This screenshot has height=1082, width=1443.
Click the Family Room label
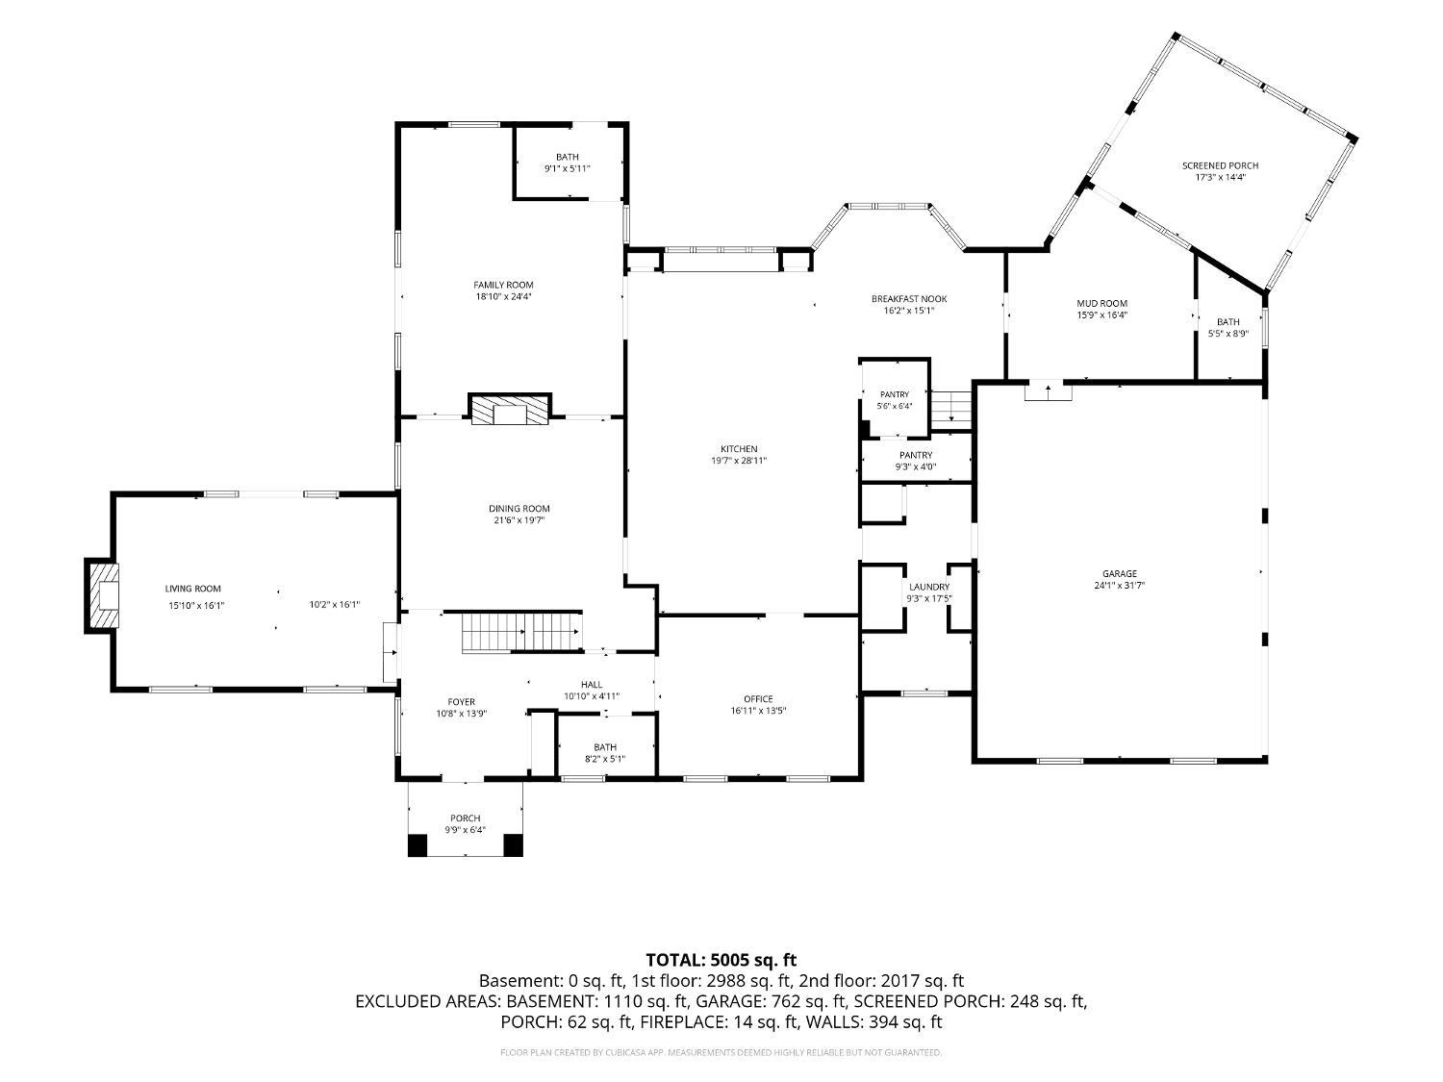pyautogui.click(x=503, y=285)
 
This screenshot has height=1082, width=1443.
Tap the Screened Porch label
pyautogui.click(x=1220, y=165)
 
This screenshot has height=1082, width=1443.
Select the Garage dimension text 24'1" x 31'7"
pyautogui.click(x=1120, y=586)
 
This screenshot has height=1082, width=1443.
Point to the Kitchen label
pyautogui.click(x=739, y=449)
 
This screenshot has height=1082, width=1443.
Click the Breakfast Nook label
pyautogui.click(x=909, y=299)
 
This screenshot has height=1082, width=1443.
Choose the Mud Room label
pyautogui.click(x=1101, y=304)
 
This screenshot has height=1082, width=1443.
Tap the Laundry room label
pyautogui.click(x=929, y=587)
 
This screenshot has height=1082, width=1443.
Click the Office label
pyautogui.click(x=758, y=699)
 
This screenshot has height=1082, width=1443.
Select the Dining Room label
pyautogui.click(x=519, y=509)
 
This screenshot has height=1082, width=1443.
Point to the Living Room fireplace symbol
pyautogui.click(x=102, y=595)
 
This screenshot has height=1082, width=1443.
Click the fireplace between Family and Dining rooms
pyautogui.click(x=510, y=410)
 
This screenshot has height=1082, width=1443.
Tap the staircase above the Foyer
pyautogui.click(x=522, y=632)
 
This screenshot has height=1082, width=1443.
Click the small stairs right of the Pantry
pyautogui.click(x=951, y=410)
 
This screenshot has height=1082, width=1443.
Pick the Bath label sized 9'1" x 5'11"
pyautogui.click(x=568, y=157)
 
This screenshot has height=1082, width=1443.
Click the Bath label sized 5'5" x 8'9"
pyautogui.click(x=1228, y=322)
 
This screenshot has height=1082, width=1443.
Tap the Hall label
pyautogui.click(x=592, y=685)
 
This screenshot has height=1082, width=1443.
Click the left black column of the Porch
pyautogui.click(x=418, y=845)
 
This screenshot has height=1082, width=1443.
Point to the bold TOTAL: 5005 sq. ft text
pyautogui.click(x=721, y=960)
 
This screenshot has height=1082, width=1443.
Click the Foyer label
pyautogui.click(x=462, y=702)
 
